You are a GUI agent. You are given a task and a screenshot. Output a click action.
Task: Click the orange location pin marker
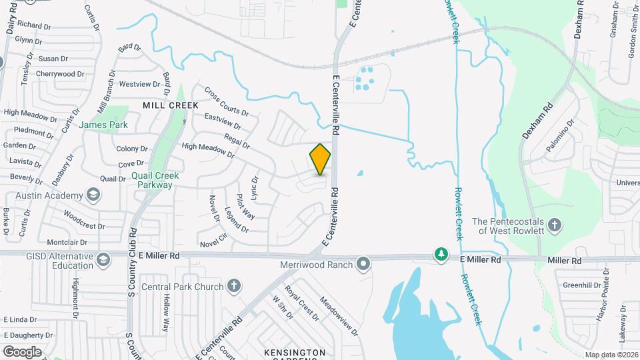tap(320, 159)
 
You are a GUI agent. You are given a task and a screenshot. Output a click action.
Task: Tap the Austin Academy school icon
tap(94, 195)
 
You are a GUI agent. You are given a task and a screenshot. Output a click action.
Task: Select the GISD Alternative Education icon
tap(103, 259)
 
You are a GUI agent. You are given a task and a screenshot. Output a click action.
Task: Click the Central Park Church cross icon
tap(233, 287)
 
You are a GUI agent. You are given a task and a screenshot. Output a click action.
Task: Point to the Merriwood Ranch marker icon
tap(363, 265)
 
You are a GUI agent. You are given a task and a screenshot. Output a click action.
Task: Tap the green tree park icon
tap(440, 254)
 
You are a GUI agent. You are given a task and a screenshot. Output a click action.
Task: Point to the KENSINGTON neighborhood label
tap(294, 352)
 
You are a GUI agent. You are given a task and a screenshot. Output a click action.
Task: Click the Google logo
tap(22, 351)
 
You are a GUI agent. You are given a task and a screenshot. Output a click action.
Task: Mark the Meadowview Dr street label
tap(339, 317)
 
